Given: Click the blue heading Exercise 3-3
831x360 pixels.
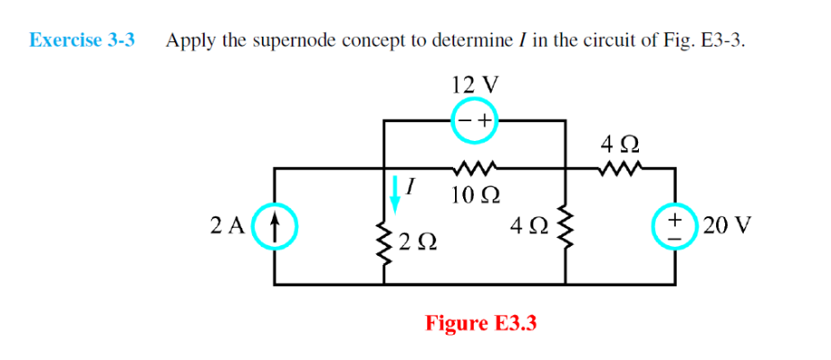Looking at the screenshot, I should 82,40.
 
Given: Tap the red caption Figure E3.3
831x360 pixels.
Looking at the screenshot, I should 480,322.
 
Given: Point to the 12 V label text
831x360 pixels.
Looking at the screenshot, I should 476,84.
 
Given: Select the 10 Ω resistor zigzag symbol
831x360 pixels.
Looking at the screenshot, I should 475,167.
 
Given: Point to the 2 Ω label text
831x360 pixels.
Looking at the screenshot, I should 420,241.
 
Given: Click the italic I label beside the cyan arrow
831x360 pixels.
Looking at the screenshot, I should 411,187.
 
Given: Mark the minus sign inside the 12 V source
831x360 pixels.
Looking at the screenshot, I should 464,120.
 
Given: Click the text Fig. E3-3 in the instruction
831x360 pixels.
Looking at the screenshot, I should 702,40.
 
